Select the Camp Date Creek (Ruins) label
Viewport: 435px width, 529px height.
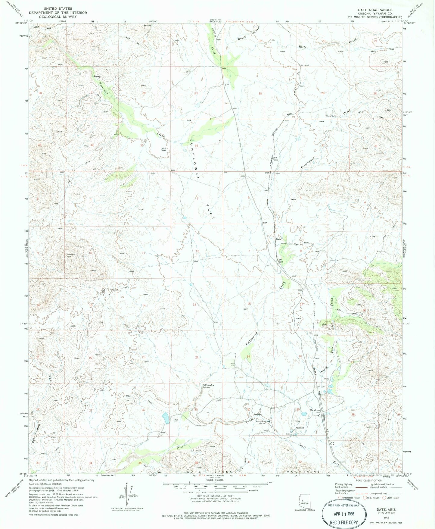pos(263,422)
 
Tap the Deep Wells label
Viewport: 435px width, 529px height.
pos(331,115)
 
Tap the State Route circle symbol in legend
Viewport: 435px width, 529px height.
pos(384,498)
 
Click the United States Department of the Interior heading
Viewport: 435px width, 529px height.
pos(57,13)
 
